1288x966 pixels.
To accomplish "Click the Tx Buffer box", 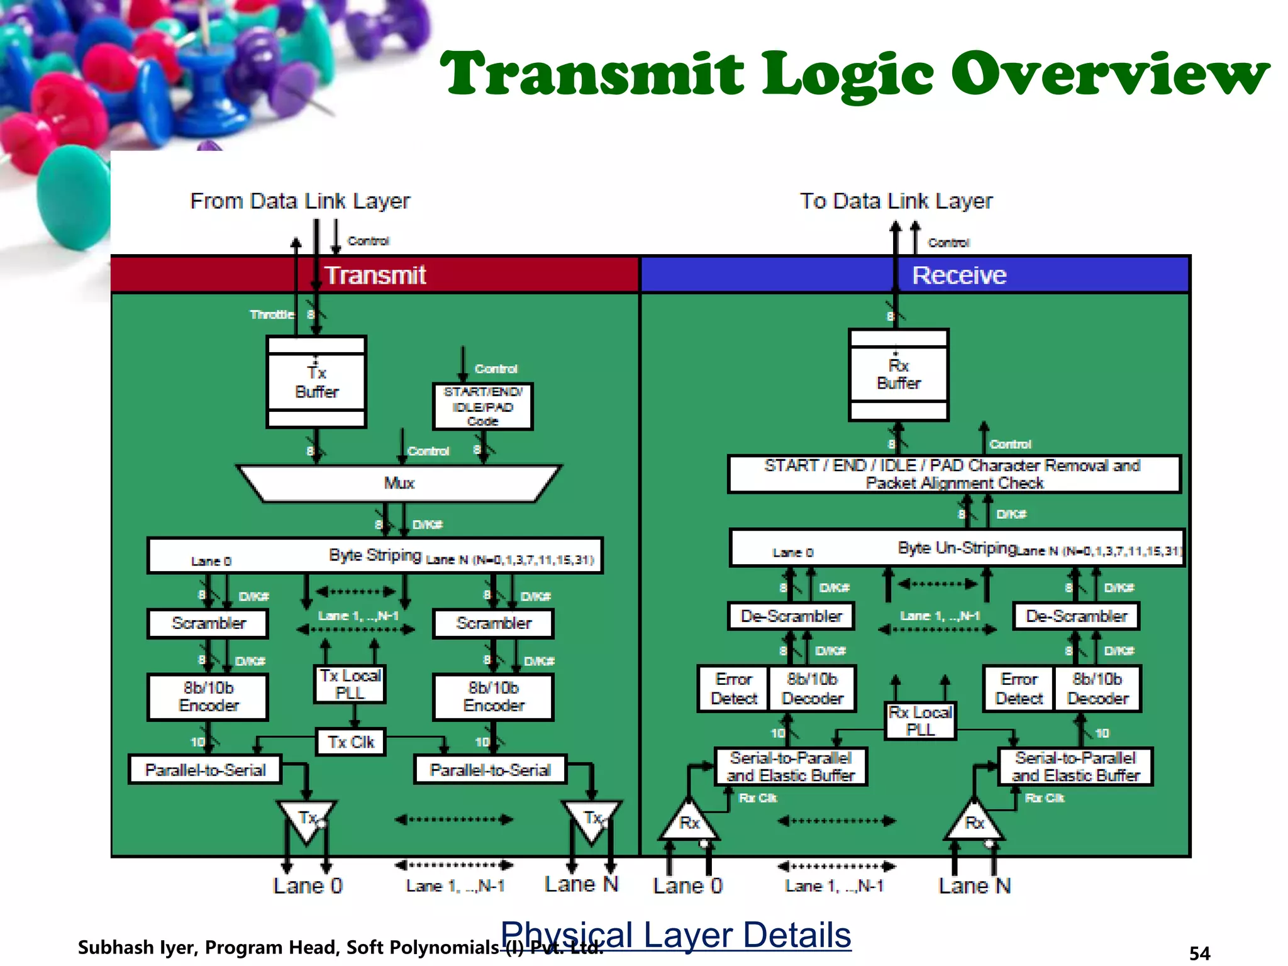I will pyautogui.click(x=316, y=382).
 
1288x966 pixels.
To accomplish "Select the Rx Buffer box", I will pyautogui.click(x=898, y=374).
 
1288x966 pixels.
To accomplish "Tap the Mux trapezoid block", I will pyautogui.click(x=399, y=483).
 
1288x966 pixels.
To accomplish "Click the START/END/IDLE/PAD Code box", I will pyautogui.click(x=482, y=406).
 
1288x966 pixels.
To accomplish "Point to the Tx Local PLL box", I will pyautogui.click(x=350, y=684).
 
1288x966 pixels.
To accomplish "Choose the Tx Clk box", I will pyautogui.click(x=350, y=742).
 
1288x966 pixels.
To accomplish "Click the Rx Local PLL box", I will pyautogui.click(x=920, y=721).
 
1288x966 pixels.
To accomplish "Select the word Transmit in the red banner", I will pyautogui.click(x=375, y=275).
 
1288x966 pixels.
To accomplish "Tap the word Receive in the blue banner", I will pyautogui.click(x=959, y=275).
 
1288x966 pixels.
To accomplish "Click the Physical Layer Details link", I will pyautogui.click(x=675, y=935).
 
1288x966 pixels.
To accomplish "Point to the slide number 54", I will pyautogui.click(x=1199, y=953).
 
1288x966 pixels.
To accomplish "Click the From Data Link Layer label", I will pyautogui.click(x=300, y=201).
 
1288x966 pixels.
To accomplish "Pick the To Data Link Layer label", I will pyautogui.click(x=896, y=201).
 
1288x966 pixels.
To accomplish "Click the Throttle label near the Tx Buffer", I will pyautogui.click(x=272, y=314).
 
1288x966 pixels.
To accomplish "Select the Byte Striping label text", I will pyautogui.click(x=375, y=555).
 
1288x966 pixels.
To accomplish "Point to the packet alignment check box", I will pyautogui.click(x=953, y=474).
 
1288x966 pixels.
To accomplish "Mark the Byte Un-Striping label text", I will pyautogui.click(x=956, y=548).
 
